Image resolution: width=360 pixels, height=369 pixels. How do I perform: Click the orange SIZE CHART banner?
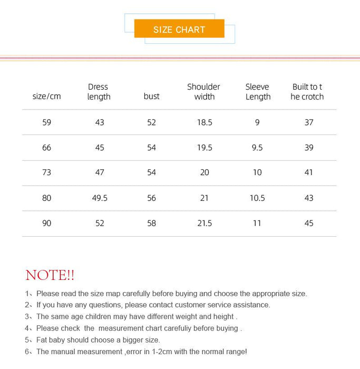tap(179, 29)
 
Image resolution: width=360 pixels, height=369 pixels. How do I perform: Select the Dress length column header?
tap(99, 92)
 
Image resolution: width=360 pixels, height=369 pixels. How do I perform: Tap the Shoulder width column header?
tap(204, 92)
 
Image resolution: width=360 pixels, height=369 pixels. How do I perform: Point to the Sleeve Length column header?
tap(258, 92)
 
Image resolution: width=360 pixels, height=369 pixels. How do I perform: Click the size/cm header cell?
tap(46, 96)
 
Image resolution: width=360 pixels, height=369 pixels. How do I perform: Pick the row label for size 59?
tap(47, 122)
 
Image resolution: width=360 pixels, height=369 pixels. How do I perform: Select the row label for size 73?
tap(47, 172)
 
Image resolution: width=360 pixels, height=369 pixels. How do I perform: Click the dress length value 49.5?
tap(100, 198)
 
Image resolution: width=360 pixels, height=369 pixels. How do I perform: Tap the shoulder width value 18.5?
tap(205, 122)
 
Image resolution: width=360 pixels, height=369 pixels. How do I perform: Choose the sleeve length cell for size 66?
tap(257, 148)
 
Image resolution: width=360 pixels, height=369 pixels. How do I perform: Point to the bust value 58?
tap(152, 224)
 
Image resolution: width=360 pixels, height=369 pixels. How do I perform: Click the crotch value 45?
tap(309, 224)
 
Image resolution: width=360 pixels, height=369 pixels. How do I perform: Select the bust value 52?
tap(152, 122)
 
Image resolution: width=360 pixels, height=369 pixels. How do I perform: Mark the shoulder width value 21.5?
tap(205, 224)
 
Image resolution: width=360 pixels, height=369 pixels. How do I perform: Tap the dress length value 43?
tap(100, 122)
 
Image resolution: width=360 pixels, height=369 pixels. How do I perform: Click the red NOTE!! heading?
tap(50, 275)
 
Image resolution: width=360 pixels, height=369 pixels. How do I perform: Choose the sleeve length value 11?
tap(257, 224)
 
